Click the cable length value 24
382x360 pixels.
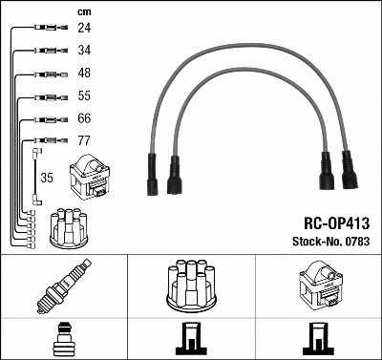(85, 28)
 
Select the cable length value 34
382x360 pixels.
(85, 50)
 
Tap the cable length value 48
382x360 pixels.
(85, 74)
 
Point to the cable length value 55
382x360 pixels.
(85, 96)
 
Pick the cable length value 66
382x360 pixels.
(85, 119)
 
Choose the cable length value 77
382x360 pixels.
(85, 142)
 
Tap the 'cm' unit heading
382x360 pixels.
(84, 11)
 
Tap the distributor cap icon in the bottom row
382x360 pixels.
(190, 284)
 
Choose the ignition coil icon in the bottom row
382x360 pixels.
(317, 286)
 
